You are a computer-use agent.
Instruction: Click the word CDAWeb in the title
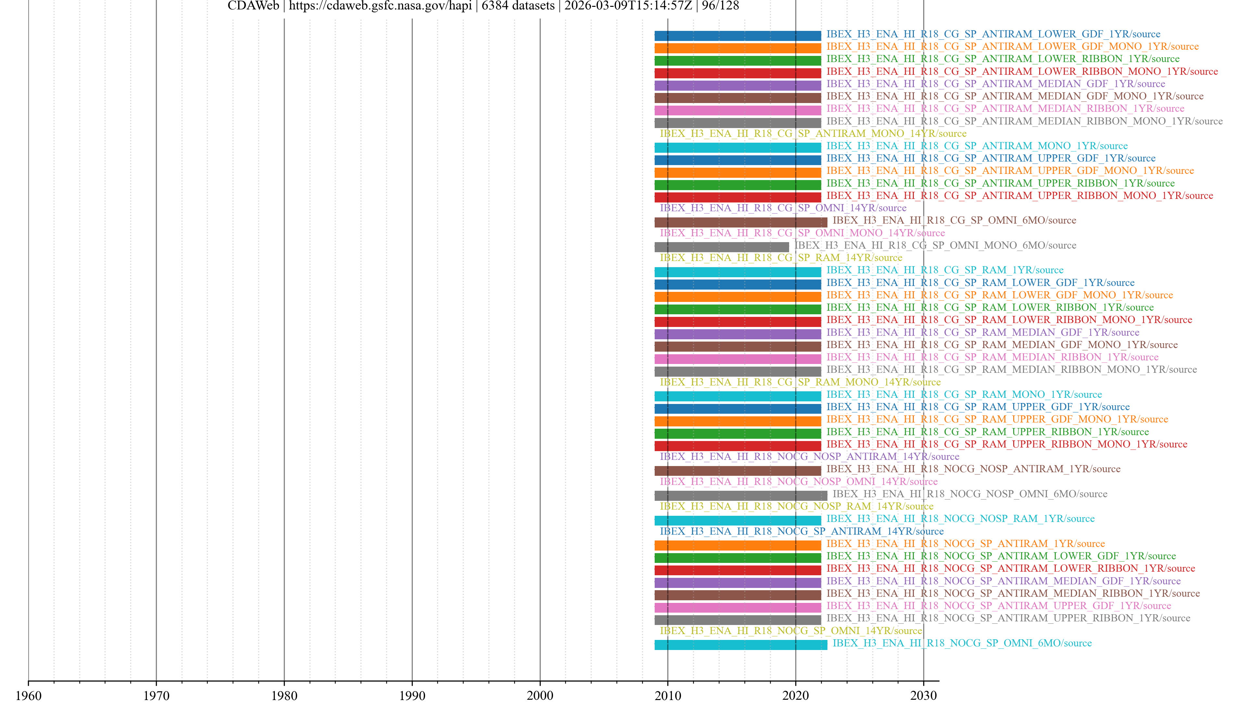[x=253, y=6]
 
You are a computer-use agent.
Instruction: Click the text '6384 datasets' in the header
[x=518, y=6]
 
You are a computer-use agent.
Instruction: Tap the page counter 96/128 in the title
[x=720, y=6]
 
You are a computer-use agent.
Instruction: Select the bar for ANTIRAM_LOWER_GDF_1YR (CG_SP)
[x=737, y=36]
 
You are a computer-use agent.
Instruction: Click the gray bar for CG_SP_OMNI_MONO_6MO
[x=721, y=247]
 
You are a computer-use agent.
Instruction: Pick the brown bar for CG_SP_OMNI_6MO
[x=741, y=222]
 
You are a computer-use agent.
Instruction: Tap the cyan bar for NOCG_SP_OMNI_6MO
[x=741, y=645]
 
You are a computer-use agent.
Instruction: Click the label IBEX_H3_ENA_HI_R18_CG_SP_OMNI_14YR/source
[x=783, y=208]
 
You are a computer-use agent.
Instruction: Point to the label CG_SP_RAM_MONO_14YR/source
[x=800, y=382]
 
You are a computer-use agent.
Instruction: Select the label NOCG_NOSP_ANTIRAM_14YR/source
[x=809, y=456]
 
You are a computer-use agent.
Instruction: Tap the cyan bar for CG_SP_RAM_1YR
[x=737, y=272]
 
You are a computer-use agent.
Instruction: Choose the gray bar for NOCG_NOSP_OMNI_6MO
[x=741, y=496]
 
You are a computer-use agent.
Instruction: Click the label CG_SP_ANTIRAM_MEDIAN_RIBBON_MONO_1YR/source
[x=1024, y=121]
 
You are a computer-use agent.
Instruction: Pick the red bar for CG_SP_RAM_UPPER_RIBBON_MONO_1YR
[x=737, y=446]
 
